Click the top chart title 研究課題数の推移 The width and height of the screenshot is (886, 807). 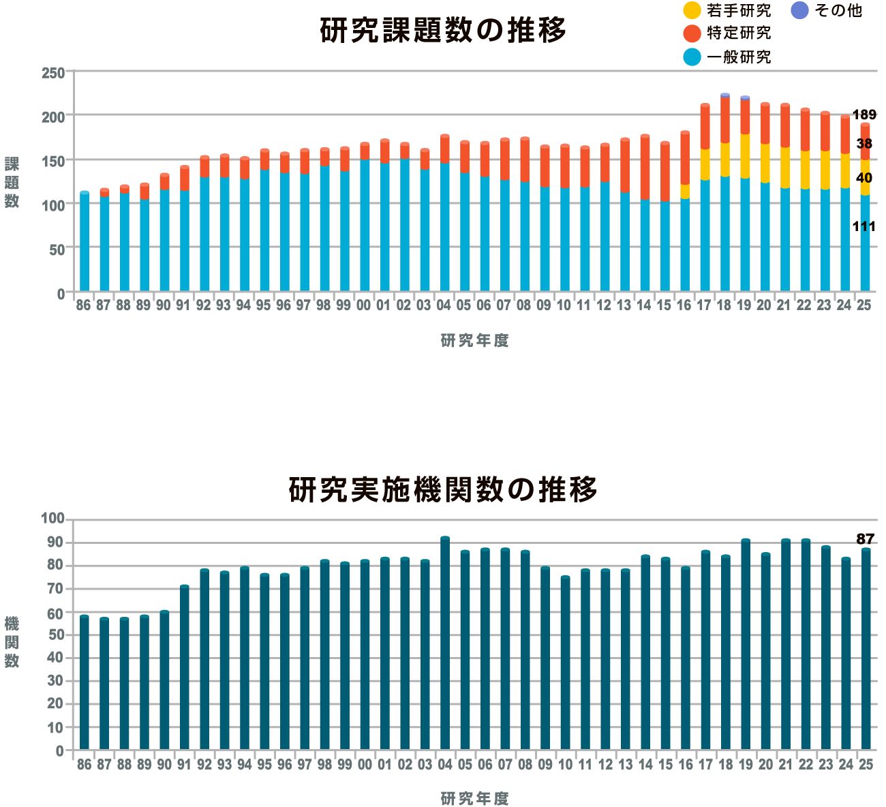click(443, 31)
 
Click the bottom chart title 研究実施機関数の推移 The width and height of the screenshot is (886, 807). click(443, 489)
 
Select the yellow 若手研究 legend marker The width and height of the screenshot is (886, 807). click(692, 10)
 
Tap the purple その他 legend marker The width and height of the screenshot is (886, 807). click(799, 10)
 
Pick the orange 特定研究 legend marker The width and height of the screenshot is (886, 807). click(692, 33)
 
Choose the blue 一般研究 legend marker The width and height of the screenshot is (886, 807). click(692, 57)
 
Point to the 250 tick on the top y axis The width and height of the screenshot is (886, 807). click(53, 72)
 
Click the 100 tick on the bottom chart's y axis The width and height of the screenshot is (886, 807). click(52, 519)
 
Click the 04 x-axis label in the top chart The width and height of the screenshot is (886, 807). click(444, 306)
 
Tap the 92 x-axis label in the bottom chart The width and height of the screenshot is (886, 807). click(204, 765)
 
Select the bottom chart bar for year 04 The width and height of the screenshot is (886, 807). click(445, 644)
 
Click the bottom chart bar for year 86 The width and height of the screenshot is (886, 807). click(85, 682)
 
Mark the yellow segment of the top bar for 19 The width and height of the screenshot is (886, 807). click(745, 156)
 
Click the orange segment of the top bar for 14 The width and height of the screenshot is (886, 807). click(645, 168)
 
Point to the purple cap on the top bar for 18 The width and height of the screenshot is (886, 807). click(725, 95)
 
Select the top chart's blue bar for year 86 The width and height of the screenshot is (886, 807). click(85, 242)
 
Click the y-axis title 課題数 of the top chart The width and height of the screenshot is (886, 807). click(12, 182)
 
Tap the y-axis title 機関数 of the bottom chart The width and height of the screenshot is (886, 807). click(12, 641)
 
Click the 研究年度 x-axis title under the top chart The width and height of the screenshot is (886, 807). click(474, 341)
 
